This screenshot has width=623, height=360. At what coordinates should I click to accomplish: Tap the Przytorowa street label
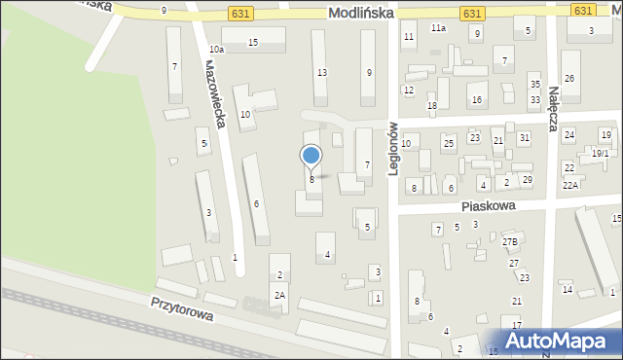[x=181, y=310]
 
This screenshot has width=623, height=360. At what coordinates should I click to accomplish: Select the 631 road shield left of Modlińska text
[x=242, y=13]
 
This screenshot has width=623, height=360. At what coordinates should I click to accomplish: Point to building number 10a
[x=216, y=50]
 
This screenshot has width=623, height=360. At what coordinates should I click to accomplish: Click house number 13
[x=321, y=73]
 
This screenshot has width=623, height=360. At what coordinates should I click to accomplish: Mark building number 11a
[x=439, y=28]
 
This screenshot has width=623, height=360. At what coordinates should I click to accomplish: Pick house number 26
[x=569, y=78]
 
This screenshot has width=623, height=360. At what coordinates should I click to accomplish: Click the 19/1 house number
[x=600, y=153]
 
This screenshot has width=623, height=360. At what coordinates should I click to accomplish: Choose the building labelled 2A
[x=279, y=295]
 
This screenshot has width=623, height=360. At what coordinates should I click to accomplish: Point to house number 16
[x=476, y=99]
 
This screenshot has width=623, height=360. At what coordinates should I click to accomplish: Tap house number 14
[x=567, y=289]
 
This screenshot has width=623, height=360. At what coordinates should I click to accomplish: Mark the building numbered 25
[x=449, y=144]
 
